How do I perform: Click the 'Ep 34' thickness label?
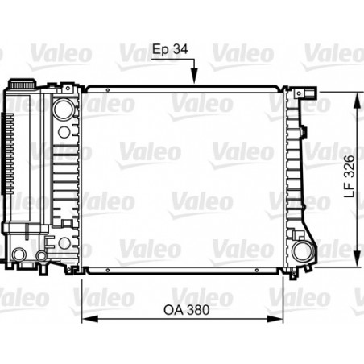(170, 50)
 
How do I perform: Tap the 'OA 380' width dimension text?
(186, 310)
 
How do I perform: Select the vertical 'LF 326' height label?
(350, 176)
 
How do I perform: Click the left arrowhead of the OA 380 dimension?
(89, 319)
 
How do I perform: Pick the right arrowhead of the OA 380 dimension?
(275, 319)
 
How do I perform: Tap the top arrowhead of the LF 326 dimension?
(357, 100)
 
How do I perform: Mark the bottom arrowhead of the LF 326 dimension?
(357, 259)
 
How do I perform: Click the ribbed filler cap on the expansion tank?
(23, 83)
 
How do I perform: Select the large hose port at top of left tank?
(64, 110)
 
